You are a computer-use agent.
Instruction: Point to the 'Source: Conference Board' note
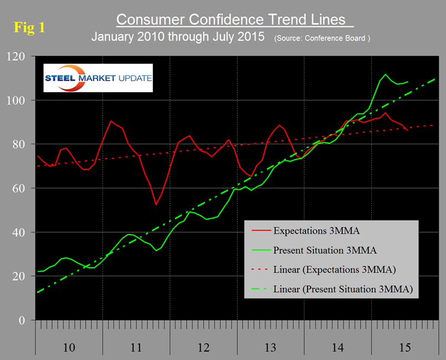click(x=322, y=39)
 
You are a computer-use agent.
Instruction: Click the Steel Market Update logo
click(x=98, y=78)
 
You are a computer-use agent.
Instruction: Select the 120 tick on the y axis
click(x=17, y=57)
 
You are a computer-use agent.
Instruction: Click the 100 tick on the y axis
click(x=17, y=101)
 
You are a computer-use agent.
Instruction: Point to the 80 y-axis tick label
click(x=19, y=145)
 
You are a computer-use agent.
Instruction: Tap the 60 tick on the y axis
click(x=19, y=189)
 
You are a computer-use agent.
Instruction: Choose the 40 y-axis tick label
click(x=19, y=232)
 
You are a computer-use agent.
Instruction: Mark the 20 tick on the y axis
click(x=19, y=276)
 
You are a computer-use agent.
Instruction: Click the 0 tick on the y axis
click(x=22, y=320)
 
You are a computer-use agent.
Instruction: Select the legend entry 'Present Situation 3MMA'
click(x=325, y=250)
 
